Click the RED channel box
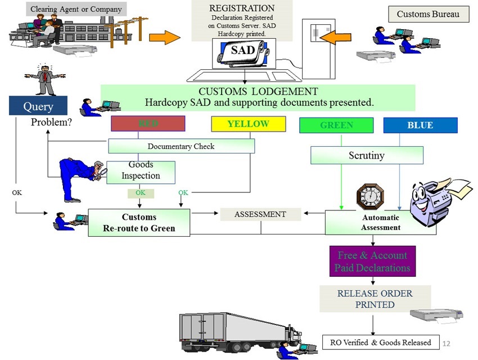(x=148, y=124)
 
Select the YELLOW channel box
(x=248, y=124)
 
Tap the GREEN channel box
(x=336, y=125)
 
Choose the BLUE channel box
(x=420, y=125)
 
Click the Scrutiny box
(x=367, y=155)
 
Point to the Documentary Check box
(x=181, y=146)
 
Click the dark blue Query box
(x=38, y=106)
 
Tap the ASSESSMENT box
(x=260, y=214)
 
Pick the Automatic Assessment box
(x=380, y=223)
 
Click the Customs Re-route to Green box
(x=139, y=223)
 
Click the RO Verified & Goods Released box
(x=381, y=342)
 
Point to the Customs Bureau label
(x=429, y=14)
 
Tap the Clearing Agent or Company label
(x=76, y=9)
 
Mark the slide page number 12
(x=448, y=343)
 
